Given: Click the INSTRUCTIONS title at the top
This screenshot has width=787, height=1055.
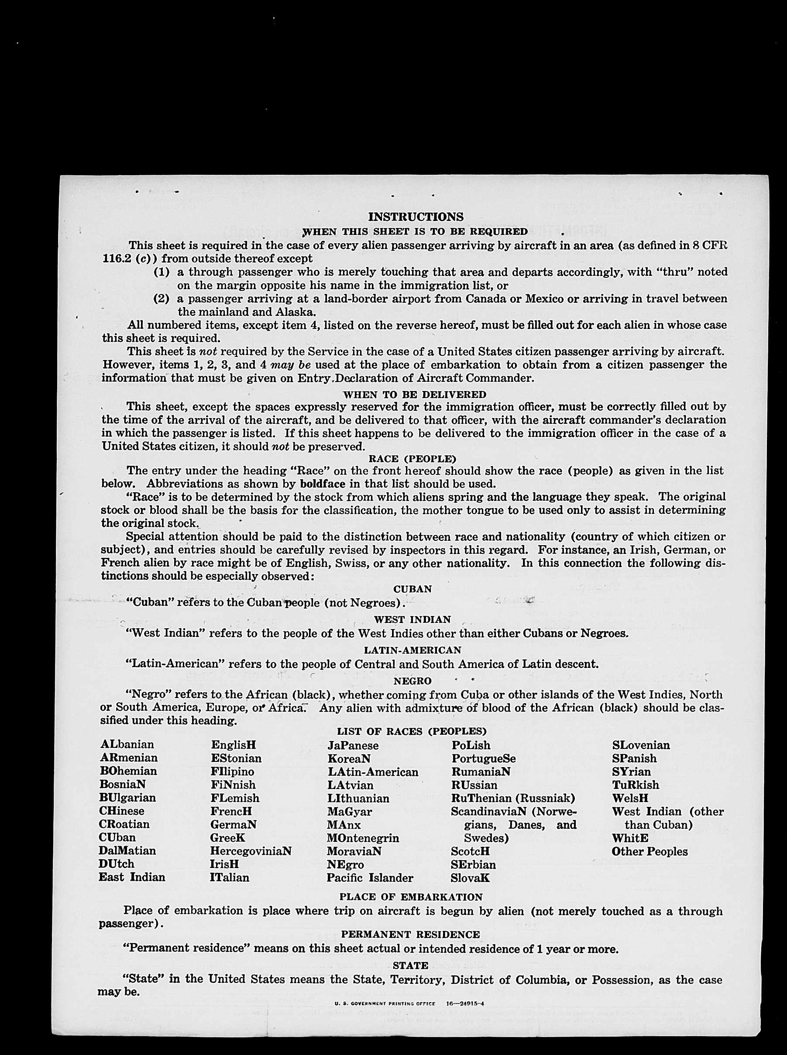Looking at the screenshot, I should pyautogui.click(x=416, y=217).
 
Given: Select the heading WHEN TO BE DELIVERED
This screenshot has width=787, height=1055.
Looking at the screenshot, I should pyautogui.click(x=415, y=395).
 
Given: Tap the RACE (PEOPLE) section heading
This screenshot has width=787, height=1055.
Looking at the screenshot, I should pyautogui.click(x=412, y=459).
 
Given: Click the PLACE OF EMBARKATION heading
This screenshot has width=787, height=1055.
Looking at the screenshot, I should pyautogui.click(x=412, y=897).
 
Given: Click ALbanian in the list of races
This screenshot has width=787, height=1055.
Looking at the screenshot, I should pyautogui.click(x=127, y=745).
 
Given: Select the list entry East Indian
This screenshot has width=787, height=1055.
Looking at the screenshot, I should pyautogui.click(x=132, y=877).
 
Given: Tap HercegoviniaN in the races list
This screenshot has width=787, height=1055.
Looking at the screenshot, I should pyautogui.click(x=251, y=851).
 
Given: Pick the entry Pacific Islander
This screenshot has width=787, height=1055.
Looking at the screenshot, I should pyautogui.click(x=370, y=877).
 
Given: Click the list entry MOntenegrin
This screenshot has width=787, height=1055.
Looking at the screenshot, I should pyautogui.click(x=363, y=837).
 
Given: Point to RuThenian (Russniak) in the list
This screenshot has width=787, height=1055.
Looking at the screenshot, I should pyautogui.click(x=513, y=798).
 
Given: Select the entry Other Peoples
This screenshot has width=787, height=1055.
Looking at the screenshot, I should pyautogui.click(x=650, y=851).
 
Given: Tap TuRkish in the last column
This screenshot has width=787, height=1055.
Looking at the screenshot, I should pyautogui.click(x=636, y=785).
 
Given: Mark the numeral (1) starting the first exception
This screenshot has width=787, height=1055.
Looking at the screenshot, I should pyautogui.click(x=161, y=272).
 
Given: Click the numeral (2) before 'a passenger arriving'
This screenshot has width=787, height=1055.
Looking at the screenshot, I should pyautogui.click(x=161, y=299).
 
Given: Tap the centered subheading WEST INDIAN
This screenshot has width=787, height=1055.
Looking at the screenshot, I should pyautogui.click(x=412, y=619).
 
